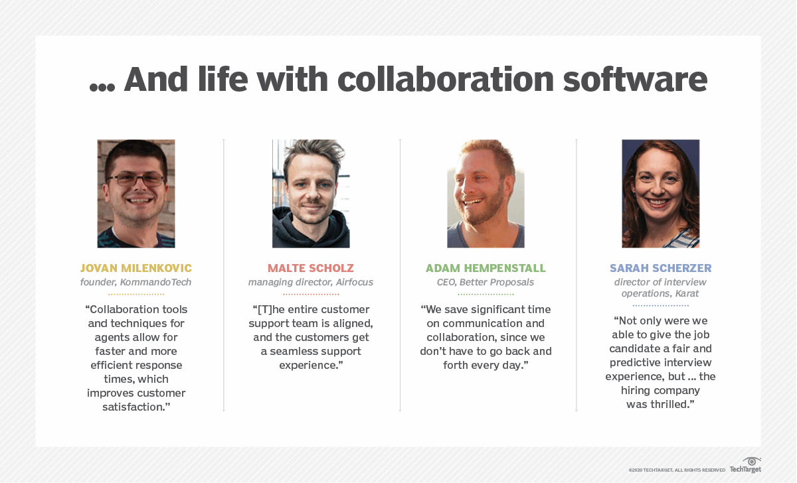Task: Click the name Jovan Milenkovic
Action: click(x=136, y=268)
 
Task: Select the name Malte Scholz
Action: click(x=311, y=268)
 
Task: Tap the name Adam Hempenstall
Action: click(x=486, y=268)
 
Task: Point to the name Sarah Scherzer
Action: click(x=661, y=268)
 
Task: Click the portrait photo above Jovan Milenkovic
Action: click(x=136, y=194)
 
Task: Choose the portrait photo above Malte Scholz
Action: click(x=311, y=194)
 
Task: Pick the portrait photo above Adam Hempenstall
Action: click(x=486, y=194)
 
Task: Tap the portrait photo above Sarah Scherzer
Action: click(x=661, y=194)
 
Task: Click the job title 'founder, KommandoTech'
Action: click(x=136, y=282)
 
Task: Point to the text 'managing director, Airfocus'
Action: click(x=311, y=282)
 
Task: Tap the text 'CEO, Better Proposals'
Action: click(x=486, y=282)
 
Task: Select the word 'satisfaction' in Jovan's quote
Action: click(x=133, y=407)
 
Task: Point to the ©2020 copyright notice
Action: click(x=677, y=470)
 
